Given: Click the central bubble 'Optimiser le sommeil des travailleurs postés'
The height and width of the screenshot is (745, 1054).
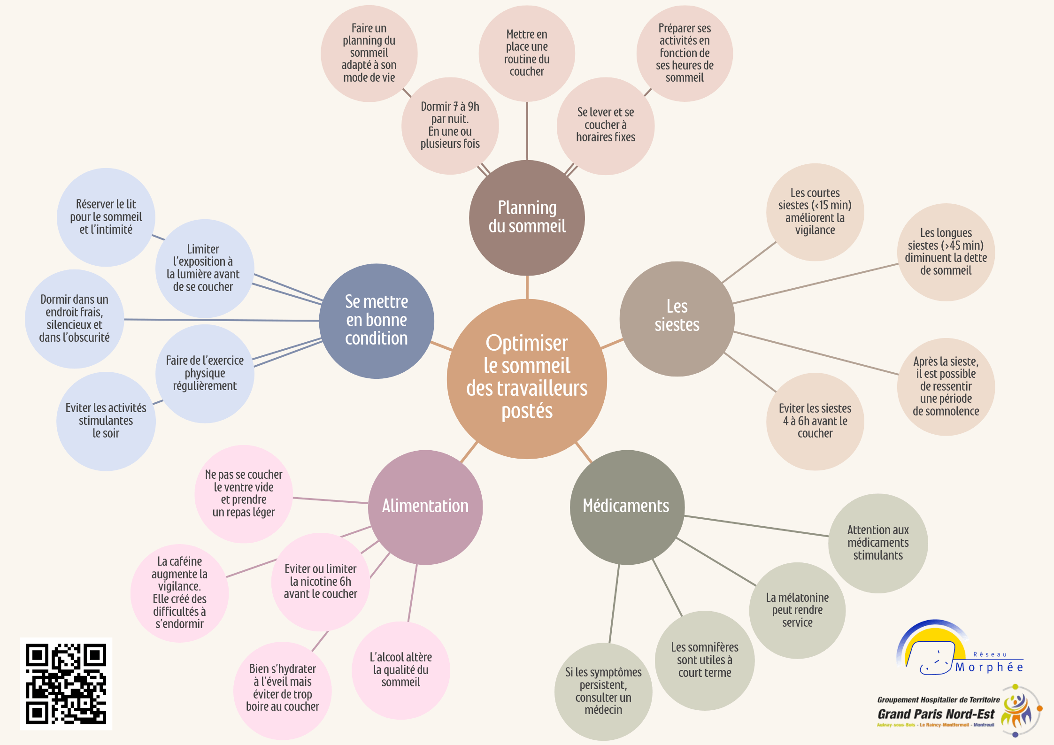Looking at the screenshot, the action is coord(527,379).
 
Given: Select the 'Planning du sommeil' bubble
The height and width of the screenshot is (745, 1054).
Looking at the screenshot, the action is coord(527,218).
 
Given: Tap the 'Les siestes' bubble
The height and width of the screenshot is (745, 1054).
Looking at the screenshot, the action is coord(677,319).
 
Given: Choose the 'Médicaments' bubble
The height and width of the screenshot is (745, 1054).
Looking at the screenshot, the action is coord(627,507).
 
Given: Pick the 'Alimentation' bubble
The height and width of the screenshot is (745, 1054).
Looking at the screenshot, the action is coord(425,507).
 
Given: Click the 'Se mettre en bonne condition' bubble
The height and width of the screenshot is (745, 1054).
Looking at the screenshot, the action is coord(377,321).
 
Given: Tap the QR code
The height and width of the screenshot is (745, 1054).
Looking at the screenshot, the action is coord(66,684).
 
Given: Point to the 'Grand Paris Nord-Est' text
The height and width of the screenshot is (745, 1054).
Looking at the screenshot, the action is coord(936,714).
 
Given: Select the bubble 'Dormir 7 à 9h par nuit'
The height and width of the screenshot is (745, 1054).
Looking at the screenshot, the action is coord(450,126).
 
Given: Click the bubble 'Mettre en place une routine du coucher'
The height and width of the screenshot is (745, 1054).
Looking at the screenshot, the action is coord(527,53).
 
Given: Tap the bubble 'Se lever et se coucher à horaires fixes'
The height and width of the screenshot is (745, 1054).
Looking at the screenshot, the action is coord(606,126).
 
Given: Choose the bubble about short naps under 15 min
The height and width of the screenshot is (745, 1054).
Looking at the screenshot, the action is coord(815,212).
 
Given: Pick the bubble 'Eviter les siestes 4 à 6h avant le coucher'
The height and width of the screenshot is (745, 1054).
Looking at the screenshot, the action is coord(815,422).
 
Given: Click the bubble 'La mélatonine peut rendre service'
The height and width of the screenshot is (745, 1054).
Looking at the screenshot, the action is coord(797,610).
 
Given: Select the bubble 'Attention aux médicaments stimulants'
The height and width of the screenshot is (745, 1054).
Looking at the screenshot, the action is coord(878,543).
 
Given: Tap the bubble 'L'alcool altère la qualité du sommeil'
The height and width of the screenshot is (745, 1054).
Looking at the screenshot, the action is coord(400,670).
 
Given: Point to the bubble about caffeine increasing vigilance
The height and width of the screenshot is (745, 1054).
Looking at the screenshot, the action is coord(179,593).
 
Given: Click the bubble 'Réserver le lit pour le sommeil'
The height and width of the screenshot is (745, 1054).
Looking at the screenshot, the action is coord(106,217).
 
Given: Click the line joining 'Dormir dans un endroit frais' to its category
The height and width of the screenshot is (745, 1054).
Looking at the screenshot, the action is coord(222,320).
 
